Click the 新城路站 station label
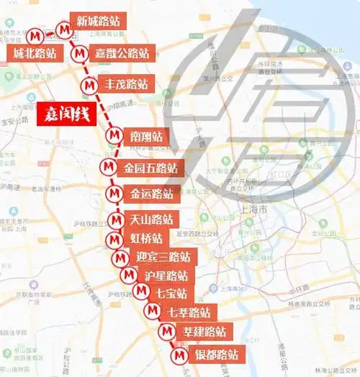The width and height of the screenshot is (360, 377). point(99,21)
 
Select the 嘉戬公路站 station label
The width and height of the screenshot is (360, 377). point(122,53)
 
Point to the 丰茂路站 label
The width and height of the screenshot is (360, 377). point(127,84)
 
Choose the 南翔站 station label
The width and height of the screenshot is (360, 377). point(146,135)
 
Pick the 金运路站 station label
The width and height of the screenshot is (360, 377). point(151,194)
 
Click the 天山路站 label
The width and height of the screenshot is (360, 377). point(151,219)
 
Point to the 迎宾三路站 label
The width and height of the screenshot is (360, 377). point(163,257)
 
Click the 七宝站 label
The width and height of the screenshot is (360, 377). point(171,294)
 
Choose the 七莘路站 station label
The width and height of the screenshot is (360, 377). point(189,312)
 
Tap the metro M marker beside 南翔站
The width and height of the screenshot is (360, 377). point(114,135)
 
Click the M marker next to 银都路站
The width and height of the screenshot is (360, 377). point(180,355)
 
